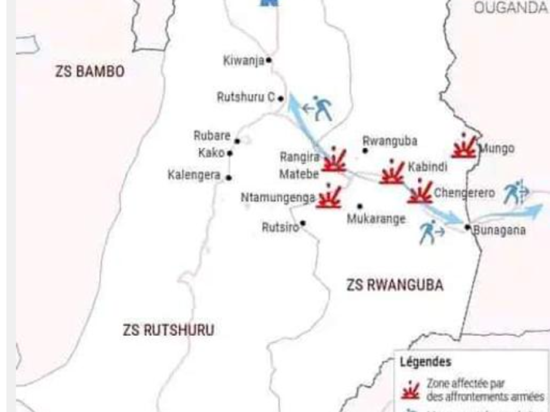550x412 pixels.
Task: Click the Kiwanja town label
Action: click(243, 61)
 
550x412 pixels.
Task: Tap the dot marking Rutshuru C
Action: click(280, 99)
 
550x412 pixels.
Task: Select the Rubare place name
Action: click(212, 136)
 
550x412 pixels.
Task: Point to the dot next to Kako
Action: click(230, 153)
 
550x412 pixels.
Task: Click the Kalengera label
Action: click(194, 175)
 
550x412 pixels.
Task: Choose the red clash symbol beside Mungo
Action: click(464, 146)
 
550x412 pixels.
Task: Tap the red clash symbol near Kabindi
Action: click(392, 172)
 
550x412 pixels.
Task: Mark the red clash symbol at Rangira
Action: click(335, 160)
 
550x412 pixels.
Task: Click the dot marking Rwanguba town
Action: click(365, 151)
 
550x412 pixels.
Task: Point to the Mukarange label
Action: click(376, 219)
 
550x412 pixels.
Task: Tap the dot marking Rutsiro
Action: click(303, 223)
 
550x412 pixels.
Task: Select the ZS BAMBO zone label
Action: click(90, 72)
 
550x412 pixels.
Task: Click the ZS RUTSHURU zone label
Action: click(168, 330)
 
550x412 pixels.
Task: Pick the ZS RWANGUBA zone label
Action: click(395, 285)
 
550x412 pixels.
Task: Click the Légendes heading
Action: click(425, 362)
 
